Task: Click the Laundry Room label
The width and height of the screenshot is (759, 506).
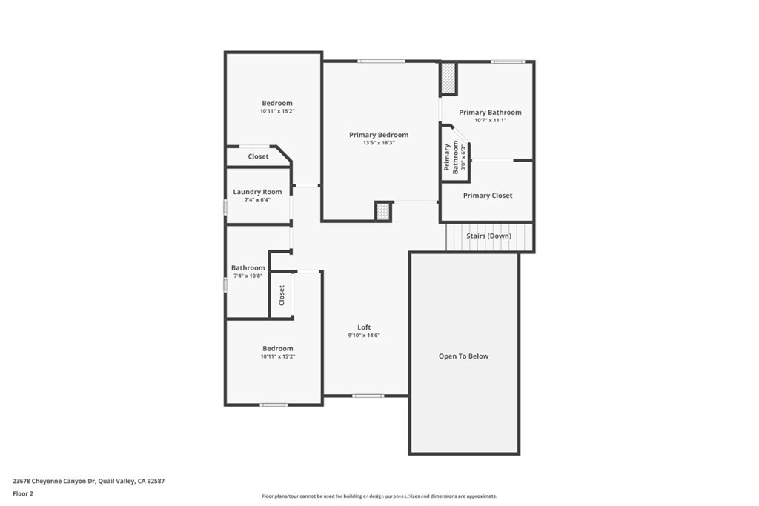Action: tap(257, 192)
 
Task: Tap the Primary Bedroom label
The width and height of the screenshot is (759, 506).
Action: tap(379, 135)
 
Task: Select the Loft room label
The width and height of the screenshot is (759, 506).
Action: tap(364, 327)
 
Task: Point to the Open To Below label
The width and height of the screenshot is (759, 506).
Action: tap(463, 356)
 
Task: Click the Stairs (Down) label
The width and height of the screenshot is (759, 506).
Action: tap(488, 236)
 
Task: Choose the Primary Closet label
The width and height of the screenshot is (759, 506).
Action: tap(488, 196)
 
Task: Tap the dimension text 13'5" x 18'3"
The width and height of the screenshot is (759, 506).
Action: tap(379, 143)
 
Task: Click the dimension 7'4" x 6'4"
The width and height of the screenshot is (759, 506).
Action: tap(257, 199)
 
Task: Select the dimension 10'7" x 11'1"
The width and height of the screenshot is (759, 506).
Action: tap(491, 120)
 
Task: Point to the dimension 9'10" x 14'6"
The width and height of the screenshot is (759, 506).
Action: tap(364, 336)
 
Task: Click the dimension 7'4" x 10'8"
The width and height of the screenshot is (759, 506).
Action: tap(248, 276)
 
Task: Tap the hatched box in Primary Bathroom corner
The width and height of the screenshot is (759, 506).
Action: tap(448, 79)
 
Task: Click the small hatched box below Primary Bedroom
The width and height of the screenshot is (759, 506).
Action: tap(383, 211)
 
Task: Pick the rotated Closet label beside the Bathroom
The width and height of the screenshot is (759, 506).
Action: tap(281, 295)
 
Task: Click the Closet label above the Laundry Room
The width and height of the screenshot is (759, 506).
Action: tap(258, 156)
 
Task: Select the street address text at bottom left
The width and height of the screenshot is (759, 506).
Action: tap(89, 481)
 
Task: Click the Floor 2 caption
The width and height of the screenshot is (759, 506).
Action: tap(23, 494)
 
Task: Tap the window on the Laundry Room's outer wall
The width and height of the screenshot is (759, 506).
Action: tap(225, 207)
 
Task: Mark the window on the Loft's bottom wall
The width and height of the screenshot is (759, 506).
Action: tap(368, 396)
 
